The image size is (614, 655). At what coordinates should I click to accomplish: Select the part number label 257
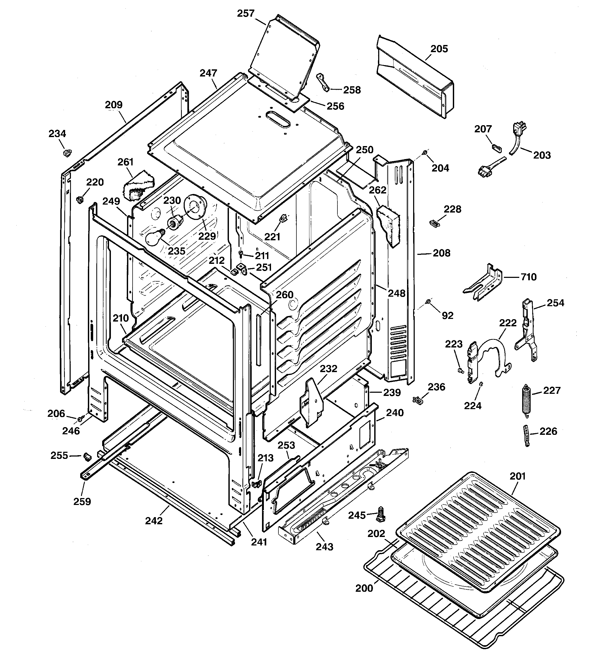246,13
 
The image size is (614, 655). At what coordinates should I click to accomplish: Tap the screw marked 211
241,254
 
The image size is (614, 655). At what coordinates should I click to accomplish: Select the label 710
528,277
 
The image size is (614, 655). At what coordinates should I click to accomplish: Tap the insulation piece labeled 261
138,186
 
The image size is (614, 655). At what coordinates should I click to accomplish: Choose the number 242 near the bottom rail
154,521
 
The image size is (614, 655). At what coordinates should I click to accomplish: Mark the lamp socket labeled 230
176,222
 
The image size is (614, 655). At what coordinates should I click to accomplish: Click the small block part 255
87,456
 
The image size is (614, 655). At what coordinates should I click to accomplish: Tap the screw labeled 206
80,419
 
